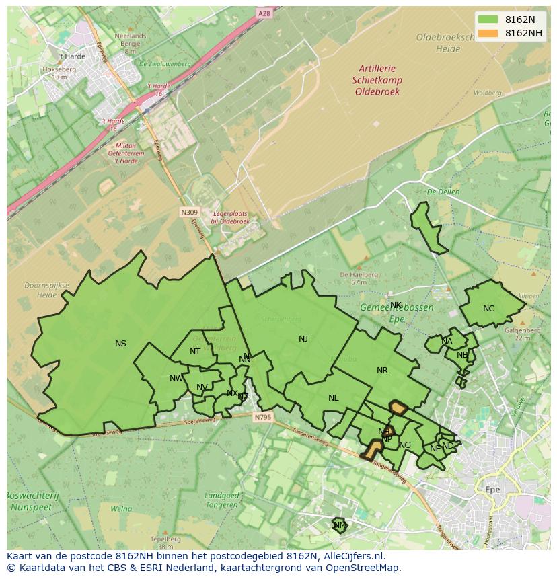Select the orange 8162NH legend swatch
tap(489, 33)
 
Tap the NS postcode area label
tap(120, 344)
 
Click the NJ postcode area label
tap(303, 339)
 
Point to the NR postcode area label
tap(382, 371)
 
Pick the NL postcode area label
tap(333, 398)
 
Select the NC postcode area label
tap(488, 309)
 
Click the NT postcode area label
tap(194, 352)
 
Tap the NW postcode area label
tap(176, 379)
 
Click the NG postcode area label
tap(405, 445)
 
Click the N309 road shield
tap(190, 212)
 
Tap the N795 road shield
tap(262, 417)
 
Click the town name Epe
tap(492, 490)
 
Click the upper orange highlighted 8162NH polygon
tap(398, 408)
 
